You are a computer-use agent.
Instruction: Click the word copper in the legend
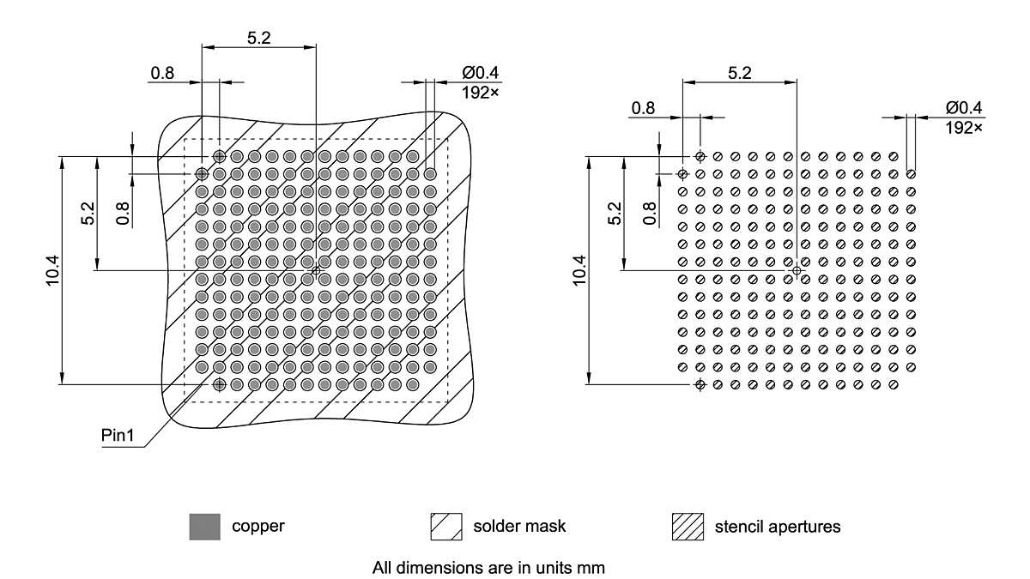(x=257, y=526)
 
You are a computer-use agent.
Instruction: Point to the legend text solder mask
(x=519, y=526)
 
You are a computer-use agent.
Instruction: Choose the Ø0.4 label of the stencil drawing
(x=965, y=108)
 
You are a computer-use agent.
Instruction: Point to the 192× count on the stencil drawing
(x=965, y=127)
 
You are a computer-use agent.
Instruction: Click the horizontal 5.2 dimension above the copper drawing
(x=258, y=37)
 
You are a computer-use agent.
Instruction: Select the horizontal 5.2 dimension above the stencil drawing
(x=739, y=73)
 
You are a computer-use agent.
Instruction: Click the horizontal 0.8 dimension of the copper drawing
(x=162, y=73)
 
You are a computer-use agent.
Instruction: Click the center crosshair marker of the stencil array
(x=797, y=270)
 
